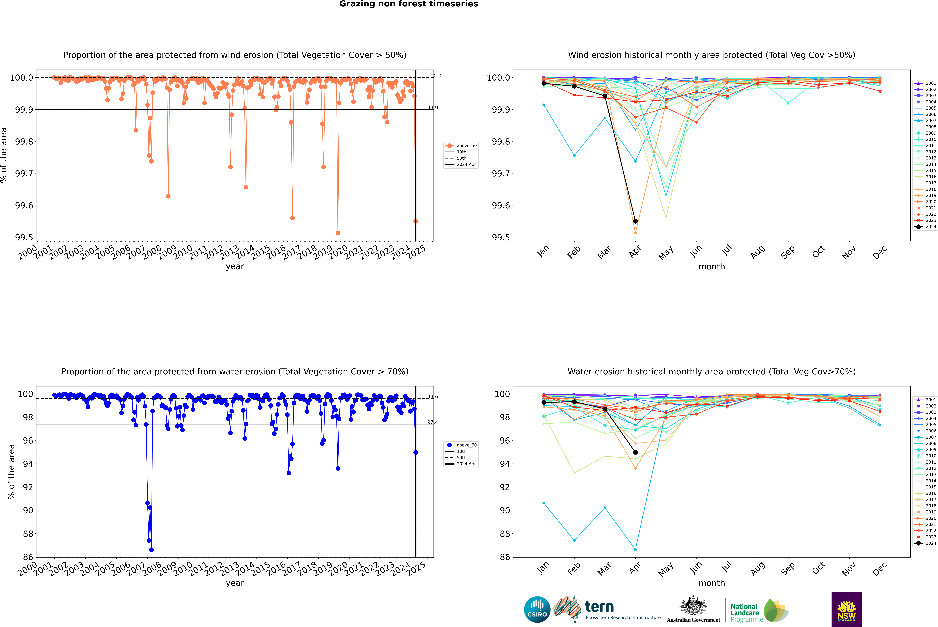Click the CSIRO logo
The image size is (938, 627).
(x=537, y=609)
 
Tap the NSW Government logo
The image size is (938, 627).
(x=846, y=609)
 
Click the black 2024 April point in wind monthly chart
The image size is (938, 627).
(x=635, y=221)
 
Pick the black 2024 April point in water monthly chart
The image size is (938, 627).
(x=635, y=452)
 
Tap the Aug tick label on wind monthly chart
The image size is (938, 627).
(x=758, y=252)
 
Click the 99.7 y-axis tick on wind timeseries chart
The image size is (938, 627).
(x=24, y=174)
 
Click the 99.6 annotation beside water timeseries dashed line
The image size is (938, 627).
(x=433, y=397)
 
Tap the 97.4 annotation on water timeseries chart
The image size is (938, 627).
(x=433, y=422)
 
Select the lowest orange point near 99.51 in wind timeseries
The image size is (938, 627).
(x=338, y=233)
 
